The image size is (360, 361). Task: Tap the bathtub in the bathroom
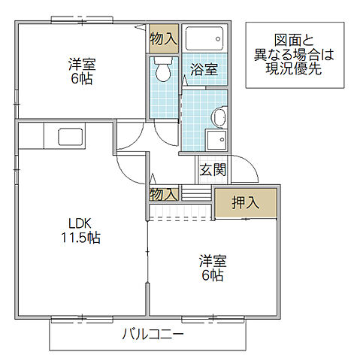(204, 38)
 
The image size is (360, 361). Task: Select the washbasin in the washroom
(218, 117)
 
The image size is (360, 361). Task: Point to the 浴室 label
(204, 69)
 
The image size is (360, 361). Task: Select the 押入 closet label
(244, 202)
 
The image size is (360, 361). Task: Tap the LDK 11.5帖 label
(81, 231)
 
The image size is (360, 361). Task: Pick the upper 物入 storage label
(164, 38)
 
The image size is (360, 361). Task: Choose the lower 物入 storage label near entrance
(164, 194)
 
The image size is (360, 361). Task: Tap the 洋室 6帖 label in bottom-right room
(211, 268)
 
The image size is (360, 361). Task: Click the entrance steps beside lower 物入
(196, 195)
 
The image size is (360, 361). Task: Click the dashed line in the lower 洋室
(180, 219)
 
